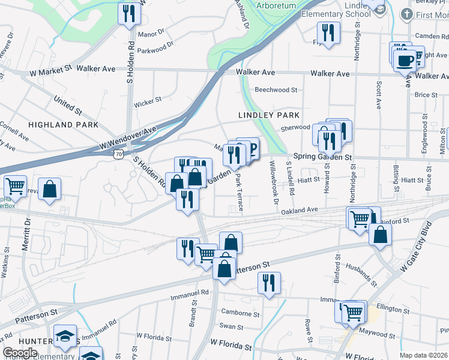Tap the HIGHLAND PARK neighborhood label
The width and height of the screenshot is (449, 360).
62,124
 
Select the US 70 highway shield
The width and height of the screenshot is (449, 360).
119,155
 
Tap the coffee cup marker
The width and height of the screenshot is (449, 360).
405,60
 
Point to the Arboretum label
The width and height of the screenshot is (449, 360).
276,5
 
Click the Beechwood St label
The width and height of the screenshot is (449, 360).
276,90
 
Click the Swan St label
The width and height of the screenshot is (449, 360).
231,327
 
